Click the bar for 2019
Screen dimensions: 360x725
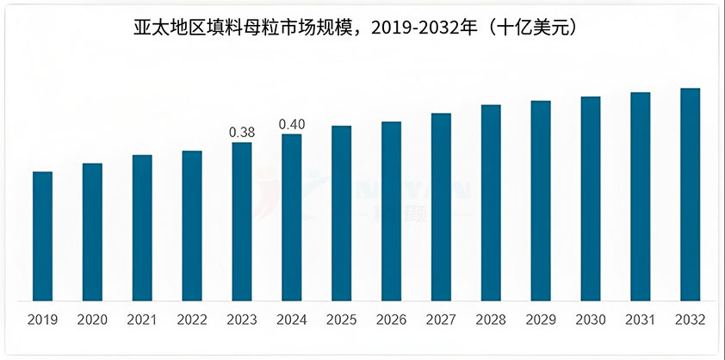coord(42,236)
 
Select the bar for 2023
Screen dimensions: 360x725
coord(242,221)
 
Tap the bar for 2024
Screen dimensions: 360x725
coord(292,217)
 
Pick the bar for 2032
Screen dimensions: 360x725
coord(690,195)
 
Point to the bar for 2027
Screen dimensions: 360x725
coord(441,207)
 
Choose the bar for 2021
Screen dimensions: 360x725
coord(142,227)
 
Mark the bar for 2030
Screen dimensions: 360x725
coord(590,199)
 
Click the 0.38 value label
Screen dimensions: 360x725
coord(241,133)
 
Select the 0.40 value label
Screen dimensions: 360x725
coord(291,125)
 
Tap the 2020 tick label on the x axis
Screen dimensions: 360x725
coord(92,320)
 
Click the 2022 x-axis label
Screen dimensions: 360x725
coord(192,320)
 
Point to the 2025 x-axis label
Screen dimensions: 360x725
coord(341,320)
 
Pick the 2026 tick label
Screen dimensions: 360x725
coord(391,320)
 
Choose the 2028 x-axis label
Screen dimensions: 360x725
coord(491,320)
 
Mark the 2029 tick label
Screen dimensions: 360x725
coord(540,320)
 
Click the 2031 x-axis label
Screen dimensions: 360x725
coord(640,320)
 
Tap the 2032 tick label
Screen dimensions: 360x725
coord(690,320)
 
